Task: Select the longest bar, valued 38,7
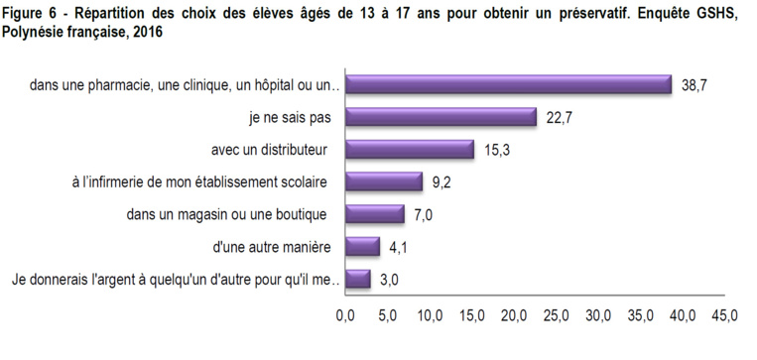(509, 85)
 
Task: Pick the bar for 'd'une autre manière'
(363, 246)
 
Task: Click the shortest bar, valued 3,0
(358, 279)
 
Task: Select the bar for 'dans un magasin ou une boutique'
(375, 214)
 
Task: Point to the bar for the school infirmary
(384, 181)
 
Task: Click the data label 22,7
(561, 118)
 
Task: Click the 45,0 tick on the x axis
(724, 317)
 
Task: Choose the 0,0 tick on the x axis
(345, 317)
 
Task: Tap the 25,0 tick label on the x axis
(556, 317)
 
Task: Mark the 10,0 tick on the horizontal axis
(430, 317)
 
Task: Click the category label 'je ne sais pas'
(289, 118)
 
